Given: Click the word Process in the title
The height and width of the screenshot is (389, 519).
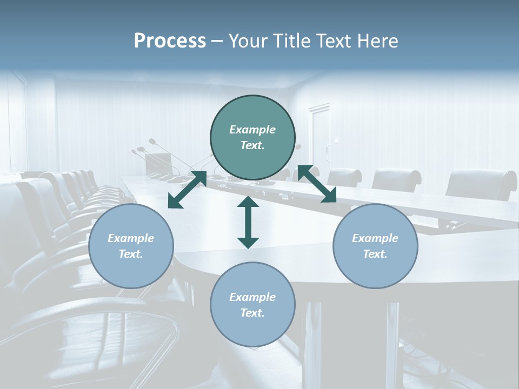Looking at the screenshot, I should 170,41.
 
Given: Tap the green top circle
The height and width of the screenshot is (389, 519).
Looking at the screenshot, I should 252,137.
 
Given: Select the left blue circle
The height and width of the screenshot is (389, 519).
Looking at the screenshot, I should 131,246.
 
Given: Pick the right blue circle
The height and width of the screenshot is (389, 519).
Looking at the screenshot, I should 375,246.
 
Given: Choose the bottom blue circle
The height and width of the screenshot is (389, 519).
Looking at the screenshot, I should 252,305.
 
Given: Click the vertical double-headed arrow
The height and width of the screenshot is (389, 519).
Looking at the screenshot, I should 248,222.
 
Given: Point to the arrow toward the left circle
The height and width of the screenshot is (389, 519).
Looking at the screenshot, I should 187,190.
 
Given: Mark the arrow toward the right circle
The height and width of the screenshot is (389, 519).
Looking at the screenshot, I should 317,184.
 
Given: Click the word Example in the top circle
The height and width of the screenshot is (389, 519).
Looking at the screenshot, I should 252,130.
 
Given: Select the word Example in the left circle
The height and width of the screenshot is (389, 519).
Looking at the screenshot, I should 131,238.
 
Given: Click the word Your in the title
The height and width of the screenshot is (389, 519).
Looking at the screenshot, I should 247,41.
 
